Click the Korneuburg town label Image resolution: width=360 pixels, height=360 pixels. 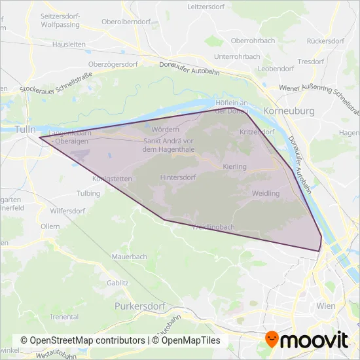[x=289, y=111]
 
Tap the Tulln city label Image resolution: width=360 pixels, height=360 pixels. [x=26, y=129]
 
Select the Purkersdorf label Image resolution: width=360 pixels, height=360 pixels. [x=141, y=306]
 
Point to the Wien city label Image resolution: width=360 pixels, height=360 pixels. [x=325, y=306]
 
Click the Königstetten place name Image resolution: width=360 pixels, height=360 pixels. [x=113, y=178]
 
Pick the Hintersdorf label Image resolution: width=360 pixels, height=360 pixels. [x=178, y=177]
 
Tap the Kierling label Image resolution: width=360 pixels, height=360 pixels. [x=234, y=167]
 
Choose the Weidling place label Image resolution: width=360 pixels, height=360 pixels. [x=265, y=194]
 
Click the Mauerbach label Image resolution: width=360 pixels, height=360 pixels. [x=129, y=257]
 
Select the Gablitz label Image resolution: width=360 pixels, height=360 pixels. [x=117, y=283]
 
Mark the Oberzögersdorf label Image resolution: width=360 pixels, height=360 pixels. [x=115, y=65]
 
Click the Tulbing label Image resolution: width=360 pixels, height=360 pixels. [x=88, y=194]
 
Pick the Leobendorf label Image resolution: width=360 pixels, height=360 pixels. [x=274, y=68]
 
